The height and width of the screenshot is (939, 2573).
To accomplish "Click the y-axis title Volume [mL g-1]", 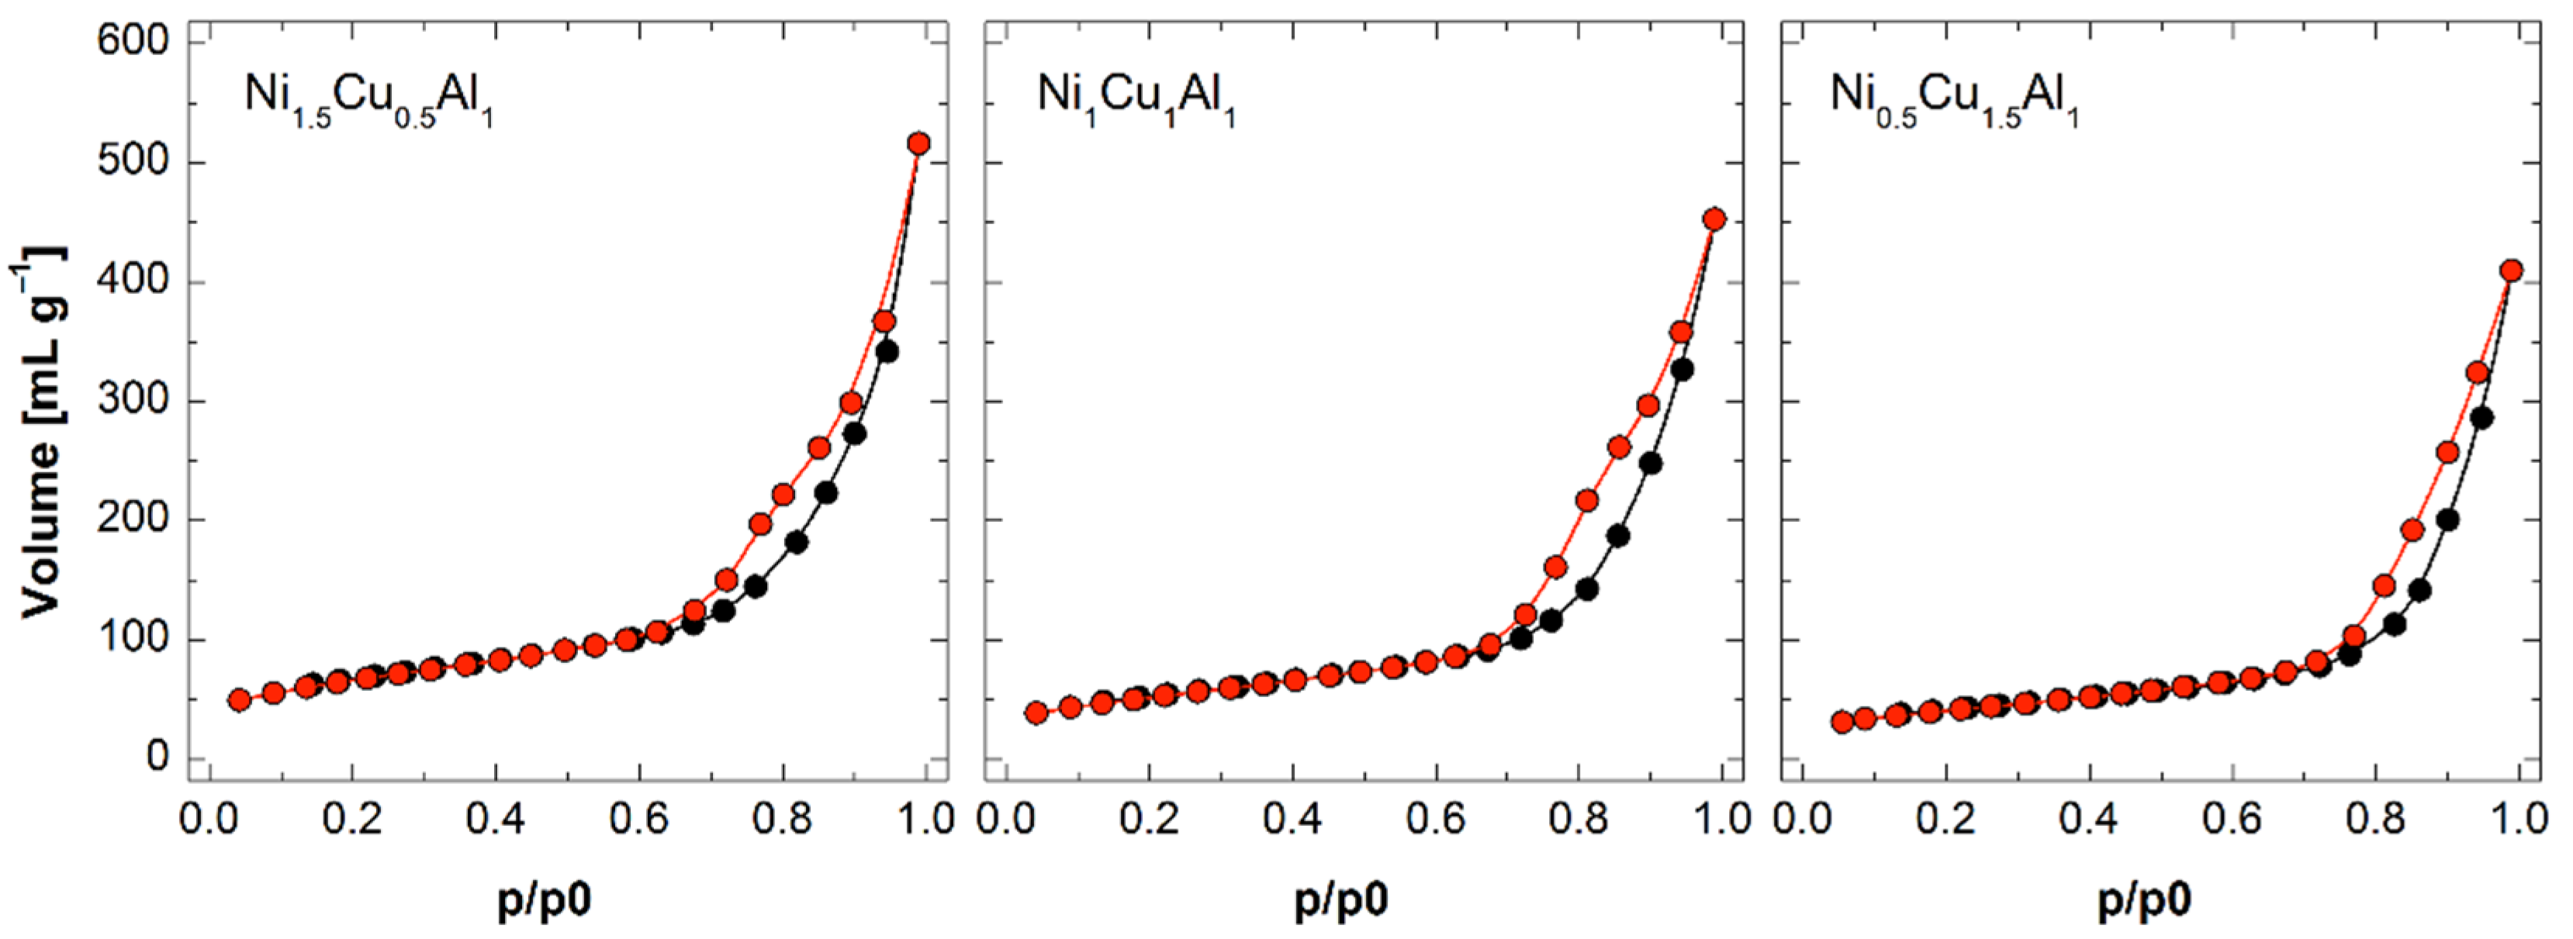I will [x=42, y=432].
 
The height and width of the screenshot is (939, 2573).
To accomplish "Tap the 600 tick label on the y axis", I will [x=133, y=41].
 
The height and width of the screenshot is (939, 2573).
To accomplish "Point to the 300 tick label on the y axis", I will [x=133, y=401].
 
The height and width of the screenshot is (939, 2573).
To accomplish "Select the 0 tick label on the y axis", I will [x=157, y=758].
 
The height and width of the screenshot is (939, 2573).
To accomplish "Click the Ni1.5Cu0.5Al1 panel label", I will [x=368, y=98].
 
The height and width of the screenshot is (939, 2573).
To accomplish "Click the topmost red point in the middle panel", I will [x=1714, y=219].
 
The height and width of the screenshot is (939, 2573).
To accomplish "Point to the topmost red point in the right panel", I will [x=2511, y=271].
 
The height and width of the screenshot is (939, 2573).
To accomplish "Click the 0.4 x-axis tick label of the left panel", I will [x=496, y=819].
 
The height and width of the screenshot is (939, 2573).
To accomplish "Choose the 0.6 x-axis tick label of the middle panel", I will [x=1435, y=819].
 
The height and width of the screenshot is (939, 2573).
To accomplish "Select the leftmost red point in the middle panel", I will [x=1037, y=713].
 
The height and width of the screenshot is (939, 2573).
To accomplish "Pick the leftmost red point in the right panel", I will [x=1843, y=722].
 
